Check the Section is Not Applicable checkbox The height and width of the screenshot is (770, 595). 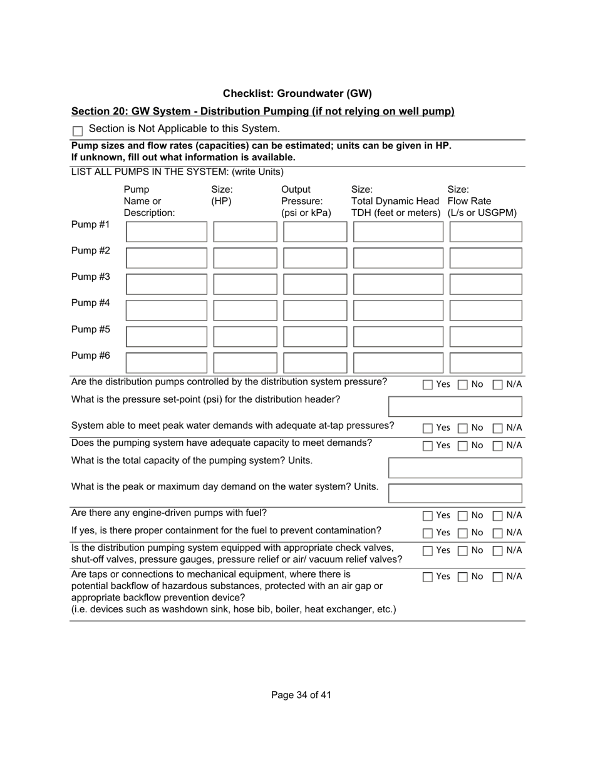(x=78, y=131)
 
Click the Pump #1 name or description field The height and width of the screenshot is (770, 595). (x=166, y=232)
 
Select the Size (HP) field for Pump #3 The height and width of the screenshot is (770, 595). (x=245, y=284)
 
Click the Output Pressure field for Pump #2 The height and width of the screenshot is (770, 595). (x=315, y=258)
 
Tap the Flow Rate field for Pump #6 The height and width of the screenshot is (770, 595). (x=485, y=362)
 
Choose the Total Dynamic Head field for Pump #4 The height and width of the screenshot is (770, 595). (x=398, y=311)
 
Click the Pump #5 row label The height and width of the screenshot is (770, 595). (x=91, y=329)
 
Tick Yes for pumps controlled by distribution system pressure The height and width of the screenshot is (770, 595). (x=428, y=385)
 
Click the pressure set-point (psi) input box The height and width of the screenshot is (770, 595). (x=455, y=406)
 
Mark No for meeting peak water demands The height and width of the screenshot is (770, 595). (x=462, y=428)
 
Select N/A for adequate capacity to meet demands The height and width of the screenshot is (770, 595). (x=498, y=446)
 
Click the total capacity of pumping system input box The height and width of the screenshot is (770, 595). (x=455, y=468)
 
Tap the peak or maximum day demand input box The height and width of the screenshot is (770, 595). (x=455, y=493)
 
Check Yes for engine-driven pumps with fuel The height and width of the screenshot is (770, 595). (x=428, y=516)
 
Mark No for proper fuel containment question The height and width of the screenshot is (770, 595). (x=462, y=533)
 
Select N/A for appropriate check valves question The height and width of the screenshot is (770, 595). (x=498, y=551)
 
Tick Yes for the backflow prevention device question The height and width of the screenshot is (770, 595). (x=428, y=577)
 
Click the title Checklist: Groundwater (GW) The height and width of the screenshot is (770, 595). (x=297, y=94)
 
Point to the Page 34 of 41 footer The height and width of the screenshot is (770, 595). (x=301, y=695)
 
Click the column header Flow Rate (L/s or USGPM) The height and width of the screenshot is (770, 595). (x=482, y=201)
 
